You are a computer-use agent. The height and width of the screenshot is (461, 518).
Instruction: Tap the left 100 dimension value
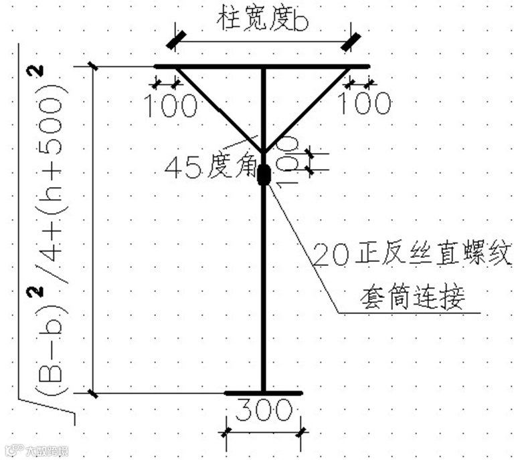[x=171, y=104]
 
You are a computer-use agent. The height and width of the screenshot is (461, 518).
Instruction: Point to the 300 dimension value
[x=265, y=409]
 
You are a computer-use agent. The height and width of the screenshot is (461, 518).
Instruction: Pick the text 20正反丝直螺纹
[x=412, y=255]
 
